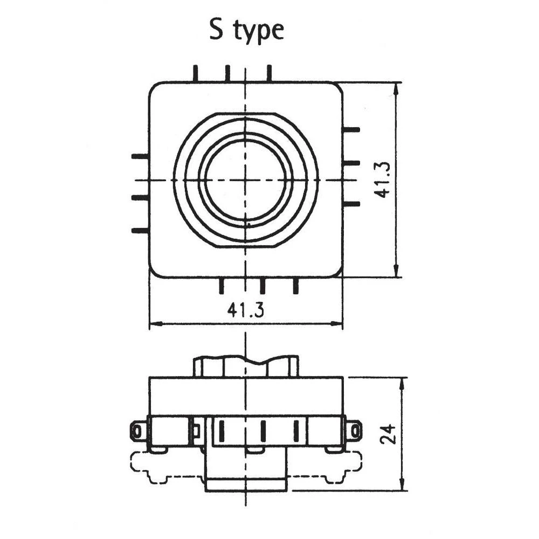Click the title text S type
[x=246, y=31]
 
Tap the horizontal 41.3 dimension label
[x=245, y=310]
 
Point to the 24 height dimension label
[x=388, y=433]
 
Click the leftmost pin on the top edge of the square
[x=196, y=73]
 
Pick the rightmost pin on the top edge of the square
[x=269, y=73]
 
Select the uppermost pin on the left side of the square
[x=140, y=156]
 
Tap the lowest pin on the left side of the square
[x=140, y=231]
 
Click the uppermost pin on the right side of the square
[x=351, y=129]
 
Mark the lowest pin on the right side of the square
[x=351, y=204]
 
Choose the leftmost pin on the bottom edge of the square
[x=221, y=286]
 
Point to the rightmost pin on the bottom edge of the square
[x=295, y=286]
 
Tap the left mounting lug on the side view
[x=138, y=431]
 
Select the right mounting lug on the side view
[x=354, y=430]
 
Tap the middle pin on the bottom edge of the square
[x=262, y=286]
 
